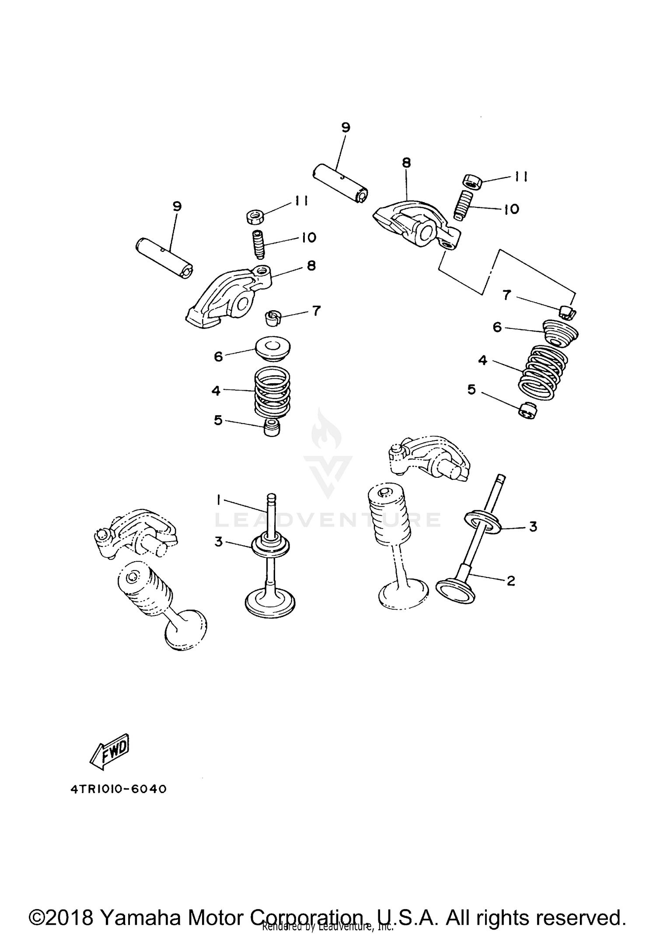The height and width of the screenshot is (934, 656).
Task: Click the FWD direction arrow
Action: pos(109,752)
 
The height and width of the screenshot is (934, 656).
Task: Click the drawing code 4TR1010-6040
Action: pos(119,789)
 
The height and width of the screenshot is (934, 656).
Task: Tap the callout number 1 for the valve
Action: pos(219,499)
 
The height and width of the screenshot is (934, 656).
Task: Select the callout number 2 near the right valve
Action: pos(510,581)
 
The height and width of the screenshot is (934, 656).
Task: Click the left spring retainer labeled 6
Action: pos(273,348)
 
